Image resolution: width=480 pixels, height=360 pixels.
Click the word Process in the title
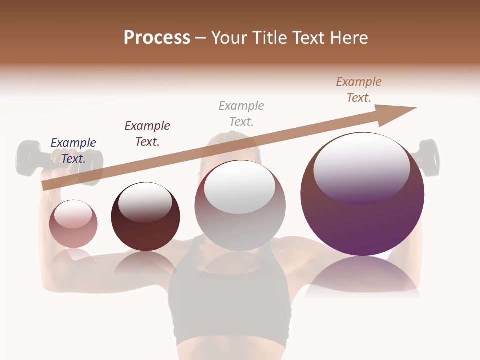tap(157, 38)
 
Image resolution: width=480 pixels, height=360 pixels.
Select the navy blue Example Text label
tap(73, 151)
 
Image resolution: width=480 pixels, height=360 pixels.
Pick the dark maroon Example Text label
tap(147, 134)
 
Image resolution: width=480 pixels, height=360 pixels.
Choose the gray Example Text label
tap(241, 114)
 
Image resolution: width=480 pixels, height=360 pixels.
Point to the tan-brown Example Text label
tap(359, 90)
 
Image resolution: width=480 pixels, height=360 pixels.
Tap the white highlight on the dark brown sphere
tap(145, 202)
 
